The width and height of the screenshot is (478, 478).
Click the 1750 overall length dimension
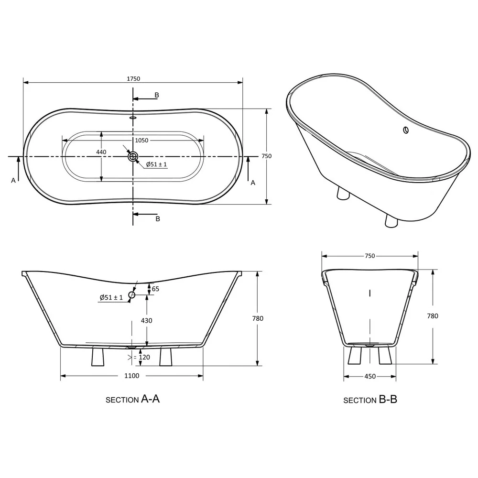point(133,79)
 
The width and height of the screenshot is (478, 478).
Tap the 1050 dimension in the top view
point(142,140)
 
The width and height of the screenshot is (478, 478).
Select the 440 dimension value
point(101,152)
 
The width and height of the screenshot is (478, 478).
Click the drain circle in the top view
point(133,157)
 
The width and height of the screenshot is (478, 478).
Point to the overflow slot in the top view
point(133,117)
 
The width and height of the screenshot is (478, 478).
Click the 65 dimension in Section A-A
point(155,289)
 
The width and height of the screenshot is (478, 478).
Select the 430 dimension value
point(147,320)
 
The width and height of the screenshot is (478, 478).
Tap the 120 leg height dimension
point(144,357)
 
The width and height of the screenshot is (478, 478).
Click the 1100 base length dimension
point(132,376)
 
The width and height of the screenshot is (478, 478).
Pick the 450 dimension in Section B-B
point(370,377)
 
